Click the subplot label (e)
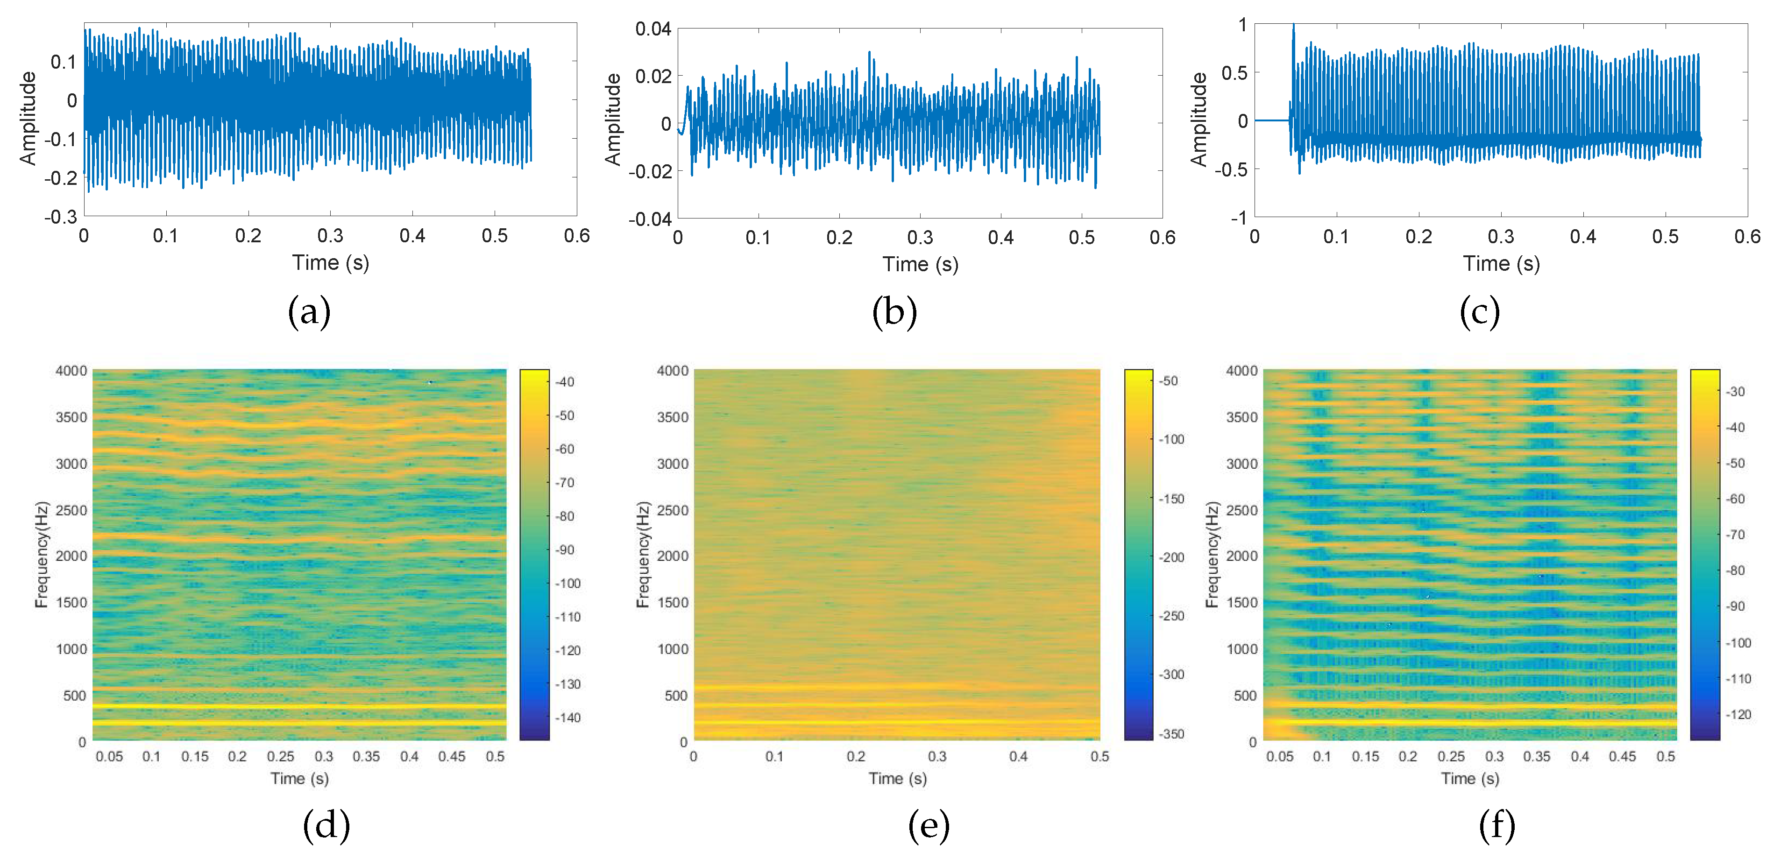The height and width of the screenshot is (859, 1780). (x=928, y=826)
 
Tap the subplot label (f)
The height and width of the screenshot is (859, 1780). (x=1496, y=826)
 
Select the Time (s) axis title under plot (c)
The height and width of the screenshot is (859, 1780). (x=1501, y=264)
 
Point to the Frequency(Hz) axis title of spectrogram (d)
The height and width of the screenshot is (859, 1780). (x=42, y=555)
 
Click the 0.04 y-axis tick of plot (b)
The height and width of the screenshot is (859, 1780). (x=652, y=29)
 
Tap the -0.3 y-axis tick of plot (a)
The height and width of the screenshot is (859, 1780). (x=61, y=217)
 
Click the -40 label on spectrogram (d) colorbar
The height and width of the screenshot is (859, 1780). (x=565, y=382)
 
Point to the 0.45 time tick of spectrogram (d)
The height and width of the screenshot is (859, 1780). (x=452, y=756)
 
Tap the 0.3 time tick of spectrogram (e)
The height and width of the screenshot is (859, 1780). (x=937, y=756)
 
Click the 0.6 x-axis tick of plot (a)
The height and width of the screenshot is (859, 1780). (x=576, y=236)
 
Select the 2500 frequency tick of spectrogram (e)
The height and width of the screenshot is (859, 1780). (x=672, y=510)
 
